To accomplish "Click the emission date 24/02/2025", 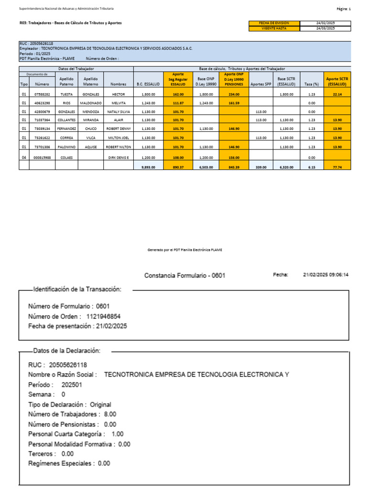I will pos(325,23).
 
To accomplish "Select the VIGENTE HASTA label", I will pos(274,28).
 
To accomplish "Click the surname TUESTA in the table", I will pos(66,95).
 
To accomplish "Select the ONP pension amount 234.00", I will pos(234,95).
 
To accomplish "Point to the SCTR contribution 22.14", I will pos(337,95).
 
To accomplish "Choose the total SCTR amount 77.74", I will pos(337,167).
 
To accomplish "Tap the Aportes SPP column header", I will pos(261,84).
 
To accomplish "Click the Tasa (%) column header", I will pos(312,84).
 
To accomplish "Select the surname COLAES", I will pos(66,157).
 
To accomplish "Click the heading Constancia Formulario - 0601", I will pos(184,276).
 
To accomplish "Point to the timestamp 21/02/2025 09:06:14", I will pos(326,275).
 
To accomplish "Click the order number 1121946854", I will pos(103,316).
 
